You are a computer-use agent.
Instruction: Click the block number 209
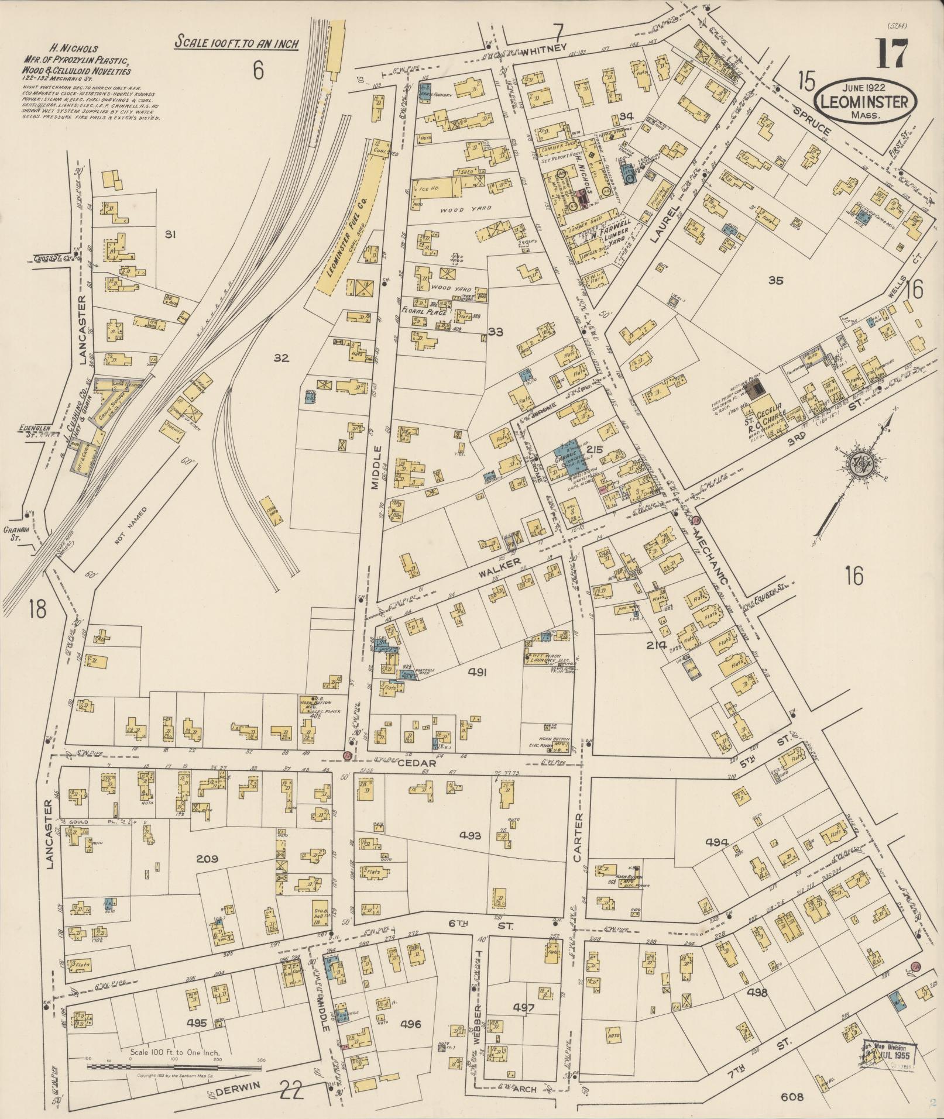tap(207, 859)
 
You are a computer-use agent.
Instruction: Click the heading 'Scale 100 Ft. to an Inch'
tap(236, 43)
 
